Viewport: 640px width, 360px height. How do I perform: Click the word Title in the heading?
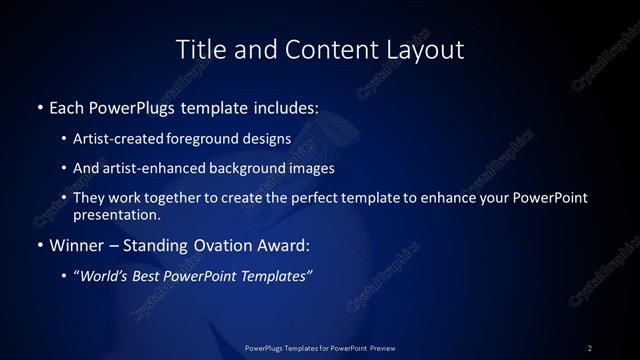coord(198,48)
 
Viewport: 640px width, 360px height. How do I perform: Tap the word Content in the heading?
coord(317,48)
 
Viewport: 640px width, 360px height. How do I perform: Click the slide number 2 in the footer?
coord(590,348)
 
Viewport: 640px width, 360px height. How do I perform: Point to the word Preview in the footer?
coord(382,348)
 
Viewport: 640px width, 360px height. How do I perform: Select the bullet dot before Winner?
coord(39,245)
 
